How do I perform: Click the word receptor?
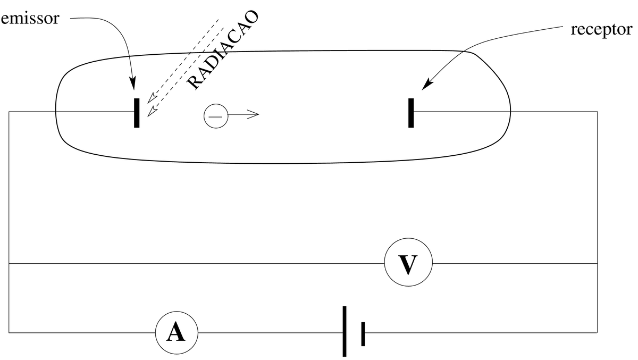pos(601,29)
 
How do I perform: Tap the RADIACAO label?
pos(224,50)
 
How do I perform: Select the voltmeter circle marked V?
pos(408,263)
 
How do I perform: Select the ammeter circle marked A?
pos(176,333)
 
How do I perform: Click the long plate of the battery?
pos(345,331)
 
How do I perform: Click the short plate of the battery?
pos(363,333)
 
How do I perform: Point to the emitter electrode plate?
pos(137,113)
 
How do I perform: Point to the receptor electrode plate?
pos(410,113)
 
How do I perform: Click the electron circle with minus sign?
pos(215,114)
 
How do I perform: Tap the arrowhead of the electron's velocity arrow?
pos(255,114)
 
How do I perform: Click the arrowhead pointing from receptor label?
pos(425,87)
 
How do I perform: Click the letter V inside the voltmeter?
pos(408,264)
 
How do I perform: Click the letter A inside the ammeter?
pos(176,333)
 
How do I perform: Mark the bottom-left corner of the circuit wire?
pos(9,333)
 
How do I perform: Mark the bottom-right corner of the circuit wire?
pos(598,333)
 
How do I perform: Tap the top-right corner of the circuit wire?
pos(598,112)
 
